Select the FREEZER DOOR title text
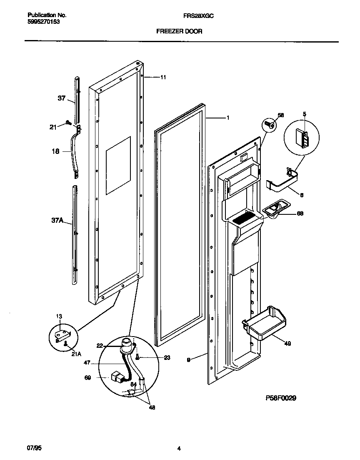click(x=179, y=31)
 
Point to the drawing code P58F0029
click(x=280, y=398)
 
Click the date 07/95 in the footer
click(x=34, y=448)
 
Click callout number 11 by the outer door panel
click(x=163, y=77)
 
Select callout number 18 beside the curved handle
click(x=55, y=152)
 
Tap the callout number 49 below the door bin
click(x=287, y=344)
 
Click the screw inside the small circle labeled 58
click(x=270, y=124)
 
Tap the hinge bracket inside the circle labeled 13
click(x=62, y=334)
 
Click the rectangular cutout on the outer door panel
click(x=118, y=165)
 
